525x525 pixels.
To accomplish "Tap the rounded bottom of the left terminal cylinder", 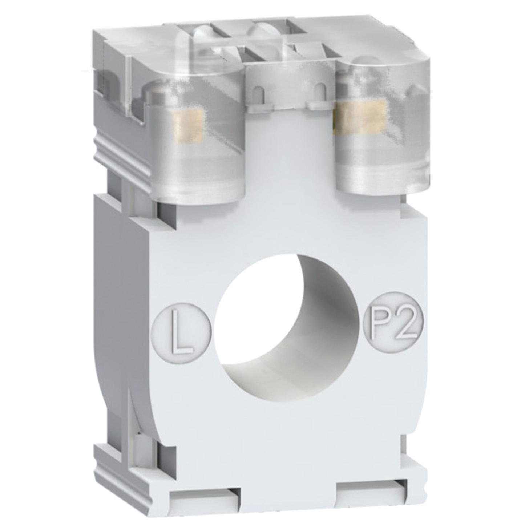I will tap(198, 197).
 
